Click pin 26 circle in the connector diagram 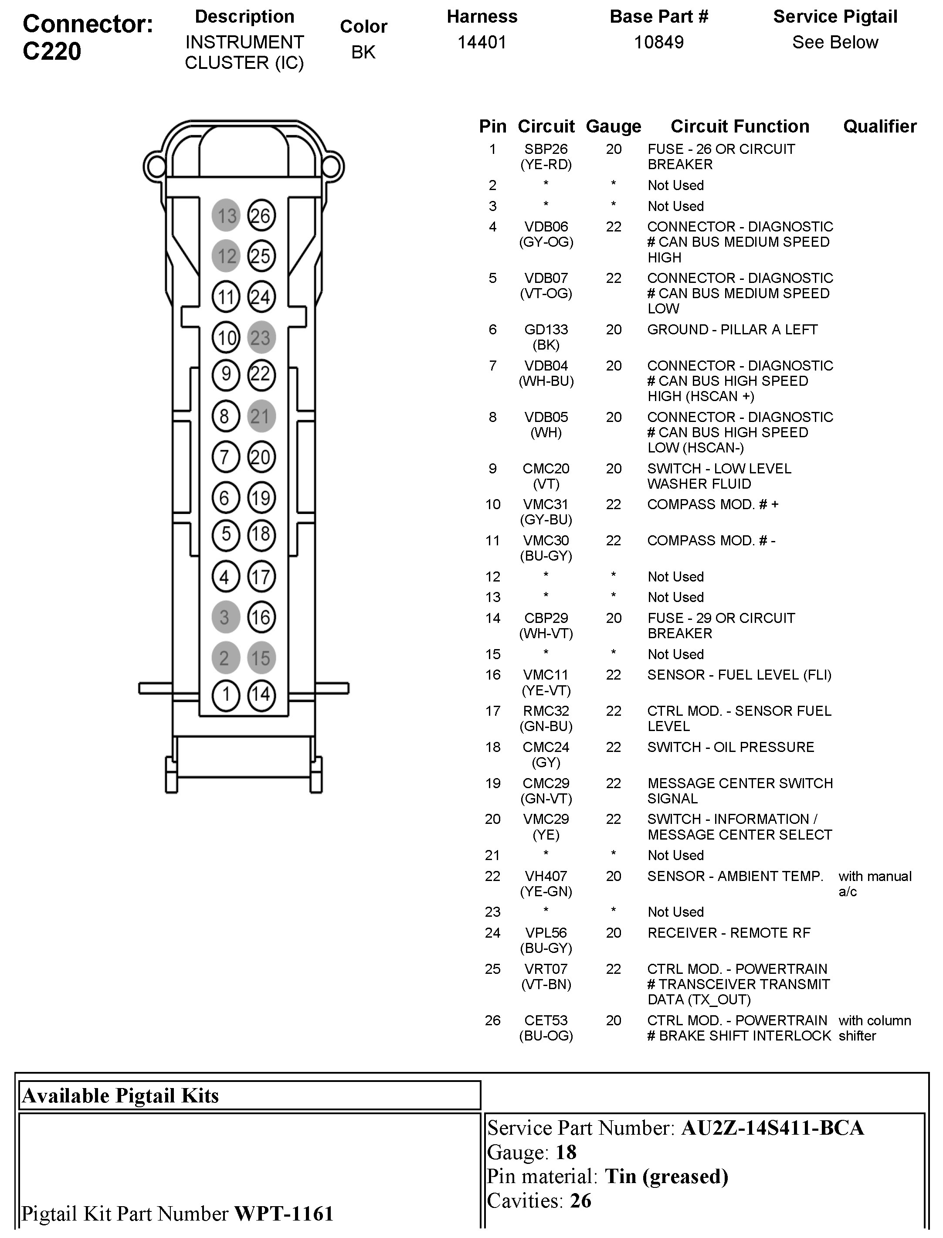(x=261, y=216)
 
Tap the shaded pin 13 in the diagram (x=226, y=216)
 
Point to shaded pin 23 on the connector (x=261, y=337)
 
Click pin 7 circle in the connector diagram (x=226, y=456)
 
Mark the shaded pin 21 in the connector (x=261, y=416)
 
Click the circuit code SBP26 (x=546, y=150)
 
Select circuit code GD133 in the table (x=546, y=330)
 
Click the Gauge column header (x=613, y=126)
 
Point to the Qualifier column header (x=879, y=126)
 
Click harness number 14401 (x=482, y=42)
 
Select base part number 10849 (x=658, y=42)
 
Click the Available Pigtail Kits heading (x=120, y=1095)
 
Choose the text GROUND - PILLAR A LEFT (x=732, y=330)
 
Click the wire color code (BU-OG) (x=546, y=1035)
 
